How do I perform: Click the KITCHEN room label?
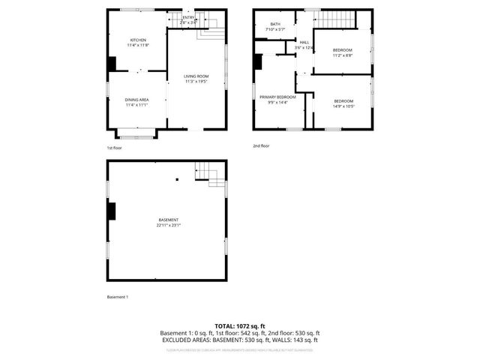click(x=138, y=40)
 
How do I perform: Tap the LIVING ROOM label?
click(x=197, y=76)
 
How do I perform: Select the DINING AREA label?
click(x=136, y=100)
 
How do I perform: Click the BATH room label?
click(x=275, y=25)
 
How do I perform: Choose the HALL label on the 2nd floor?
click(x=304, y=42)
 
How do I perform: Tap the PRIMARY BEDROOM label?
click(x=277, y=97)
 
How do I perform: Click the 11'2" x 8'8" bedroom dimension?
click(x=342, y=55)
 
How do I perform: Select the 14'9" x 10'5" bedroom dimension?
click(x=343, y=106)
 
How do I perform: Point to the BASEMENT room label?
click(x=168, y=220)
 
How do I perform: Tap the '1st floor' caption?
click(x=114, y=148)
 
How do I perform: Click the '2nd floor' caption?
click(x=261, y=145)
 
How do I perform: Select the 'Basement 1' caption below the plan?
click(x=118, y=297)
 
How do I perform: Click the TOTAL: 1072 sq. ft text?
click(x=239, y=326)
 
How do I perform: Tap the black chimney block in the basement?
click(x=112, y=211)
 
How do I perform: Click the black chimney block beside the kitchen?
click(x=112, y=64)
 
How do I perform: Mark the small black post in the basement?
click(x=177, y=179)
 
